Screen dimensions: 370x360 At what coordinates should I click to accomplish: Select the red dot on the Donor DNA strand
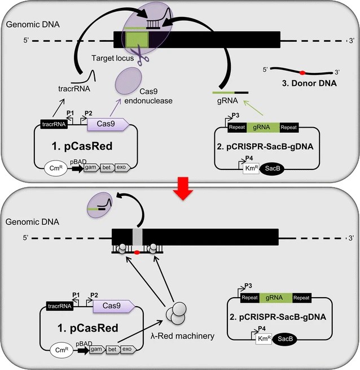click(302, 72)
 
